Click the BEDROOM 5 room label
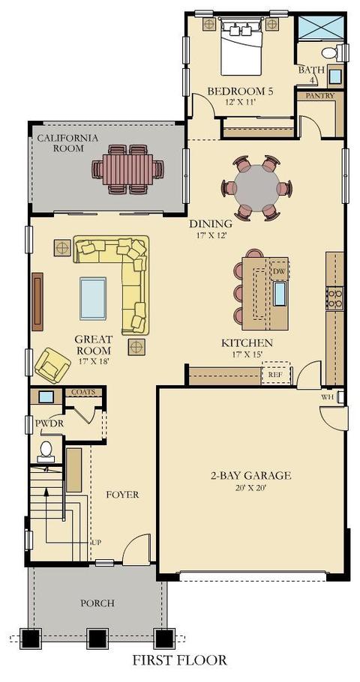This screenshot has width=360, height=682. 242,91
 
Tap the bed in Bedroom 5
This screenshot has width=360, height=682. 241,46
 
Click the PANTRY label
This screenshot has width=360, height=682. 320,96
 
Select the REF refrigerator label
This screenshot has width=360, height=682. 275,374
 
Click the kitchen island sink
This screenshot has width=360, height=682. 279,294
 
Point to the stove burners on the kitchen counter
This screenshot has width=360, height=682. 334,298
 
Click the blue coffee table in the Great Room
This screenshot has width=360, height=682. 93,298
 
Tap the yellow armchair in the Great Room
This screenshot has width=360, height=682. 52,366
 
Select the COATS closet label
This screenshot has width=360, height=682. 83,392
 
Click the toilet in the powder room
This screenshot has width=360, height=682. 46,452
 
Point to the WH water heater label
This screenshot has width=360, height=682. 326,396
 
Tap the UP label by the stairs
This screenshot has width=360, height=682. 96,543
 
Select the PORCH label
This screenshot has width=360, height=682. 97,603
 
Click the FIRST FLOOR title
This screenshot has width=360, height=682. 180,660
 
